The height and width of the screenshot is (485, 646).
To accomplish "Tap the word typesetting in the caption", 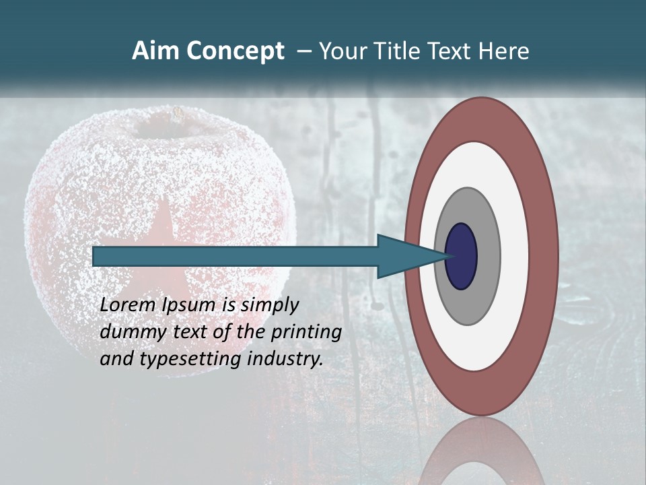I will coord(191,359).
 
